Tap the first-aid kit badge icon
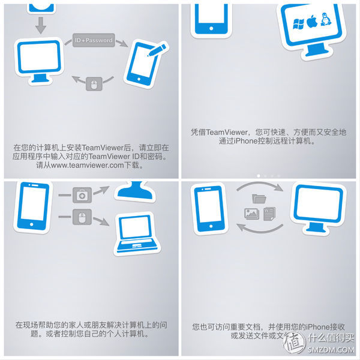[x=80, y=194]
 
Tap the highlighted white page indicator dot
[x=259, y=175]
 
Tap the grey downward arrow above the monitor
[x=41, y=25]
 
